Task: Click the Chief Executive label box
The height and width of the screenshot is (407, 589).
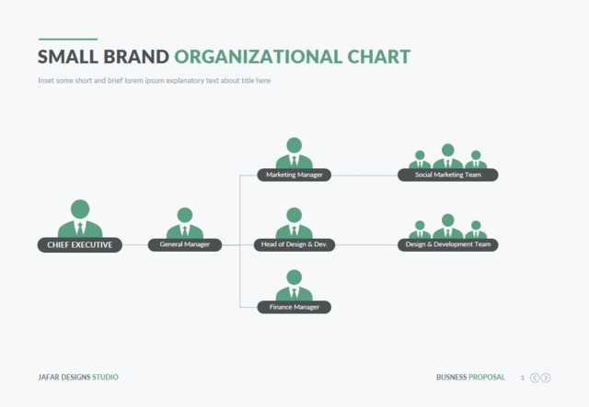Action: pos(80,245)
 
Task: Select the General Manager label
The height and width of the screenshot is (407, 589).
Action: pos(185,244)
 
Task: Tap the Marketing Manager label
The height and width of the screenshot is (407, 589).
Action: pos(294,175)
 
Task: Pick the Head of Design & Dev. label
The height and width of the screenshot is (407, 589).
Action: pos(294,244)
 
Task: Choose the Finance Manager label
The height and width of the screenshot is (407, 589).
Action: pos(294,307)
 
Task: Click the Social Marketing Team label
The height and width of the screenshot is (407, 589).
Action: pos(448,175)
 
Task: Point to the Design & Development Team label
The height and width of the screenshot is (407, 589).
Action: pos(448,244)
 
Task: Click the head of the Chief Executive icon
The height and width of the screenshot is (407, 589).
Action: pos(80,209)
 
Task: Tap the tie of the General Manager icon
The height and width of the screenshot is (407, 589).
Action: pos(185,232)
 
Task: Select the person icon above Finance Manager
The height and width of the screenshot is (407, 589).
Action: pos(294,285)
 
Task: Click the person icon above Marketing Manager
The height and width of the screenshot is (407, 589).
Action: pos(294,153)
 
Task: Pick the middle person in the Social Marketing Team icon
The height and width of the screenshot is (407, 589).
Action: pos(448,156)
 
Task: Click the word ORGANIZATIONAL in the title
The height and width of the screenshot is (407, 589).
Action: pos(259,57)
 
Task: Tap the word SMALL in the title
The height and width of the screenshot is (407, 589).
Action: pos(68,57)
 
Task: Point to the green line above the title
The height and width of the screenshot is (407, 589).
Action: pos(68,39)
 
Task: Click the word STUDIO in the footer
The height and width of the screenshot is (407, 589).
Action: pos(105,377)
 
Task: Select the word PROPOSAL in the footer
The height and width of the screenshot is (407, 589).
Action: pos(487,377)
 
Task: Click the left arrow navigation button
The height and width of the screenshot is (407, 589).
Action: pos(535,378)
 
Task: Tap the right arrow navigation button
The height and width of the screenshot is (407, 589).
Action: pos(546,378)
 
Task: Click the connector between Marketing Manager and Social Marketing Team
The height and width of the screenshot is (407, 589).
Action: pos(364,175)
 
